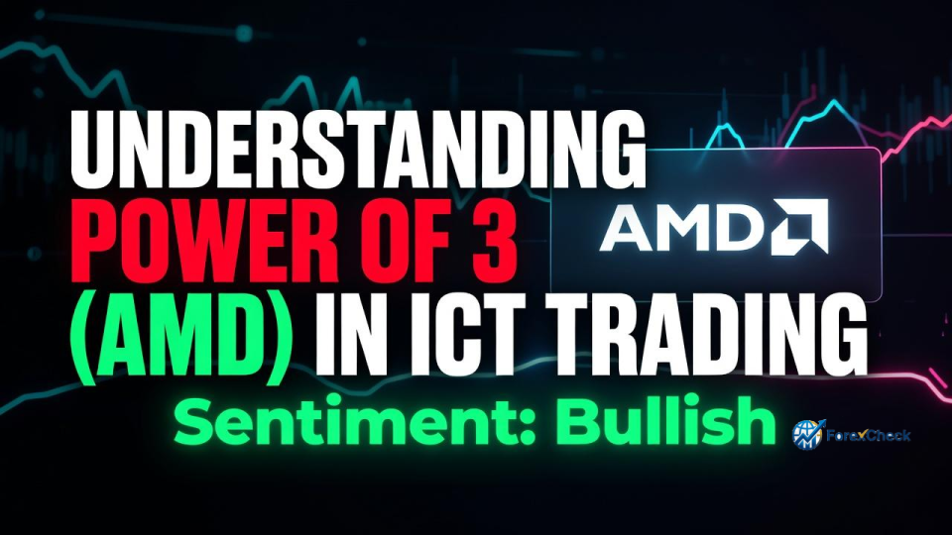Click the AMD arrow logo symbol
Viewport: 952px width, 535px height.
799,226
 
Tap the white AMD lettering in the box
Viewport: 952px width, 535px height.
681,227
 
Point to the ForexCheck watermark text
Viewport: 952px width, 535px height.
869,435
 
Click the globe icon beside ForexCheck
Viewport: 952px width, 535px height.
808,434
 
